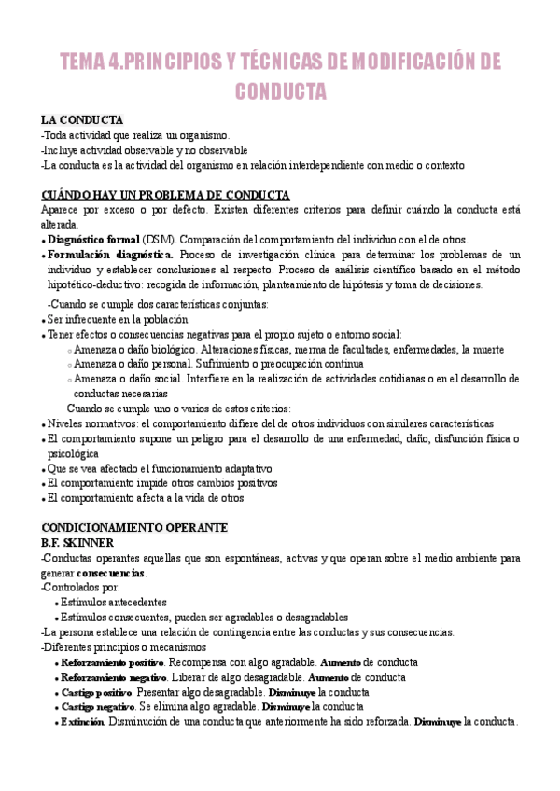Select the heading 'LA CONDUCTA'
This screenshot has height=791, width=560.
82,120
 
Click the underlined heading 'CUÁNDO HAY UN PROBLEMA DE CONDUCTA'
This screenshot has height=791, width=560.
166,195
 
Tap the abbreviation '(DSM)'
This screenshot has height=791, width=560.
162,240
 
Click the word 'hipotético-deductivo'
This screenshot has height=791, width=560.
96,284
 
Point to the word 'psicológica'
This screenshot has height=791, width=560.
77,453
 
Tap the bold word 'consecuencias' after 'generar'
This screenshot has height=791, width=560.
111,572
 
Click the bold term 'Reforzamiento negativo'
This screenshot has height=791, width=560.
111,677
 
